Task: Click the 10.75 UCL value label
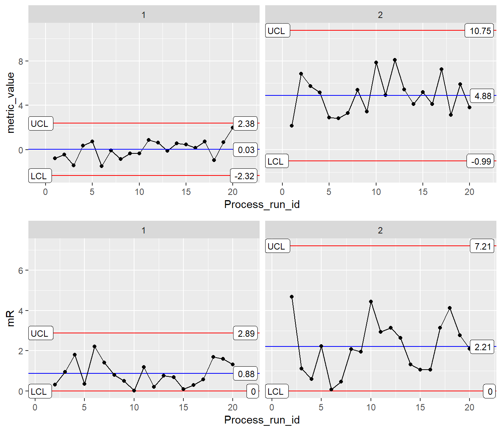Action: point(480,31)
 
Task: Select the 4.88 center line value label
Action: point(483,96)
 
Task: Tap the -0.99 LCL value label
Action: point(481,162)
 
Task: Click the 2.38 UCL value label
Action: point(246,124)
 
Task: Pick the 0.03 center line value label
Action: point(246,150)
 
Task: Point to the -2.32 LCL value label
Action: point(244,176)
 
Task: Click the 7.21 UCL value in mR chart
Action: point(483,247)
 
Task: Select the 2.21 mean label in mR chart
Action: point(483,347)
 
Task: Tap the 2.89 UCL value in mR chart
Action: point(246,334)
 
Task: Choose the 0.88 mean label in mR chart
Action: point(246,374)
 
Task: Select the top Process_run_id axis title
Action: point(262,204)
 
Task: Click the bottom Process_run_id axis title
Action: point(262,420)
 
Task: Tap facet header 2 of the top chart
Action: point(380,15)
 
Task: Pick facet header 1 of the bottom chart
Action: point(143,230)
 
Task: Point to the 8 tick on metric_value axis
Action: point(21,61)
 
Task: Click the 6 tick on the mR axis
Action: point(21,270)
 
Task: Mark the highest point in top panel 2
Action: point(395,60)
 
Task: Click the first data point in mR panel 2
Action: point(292,297)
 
